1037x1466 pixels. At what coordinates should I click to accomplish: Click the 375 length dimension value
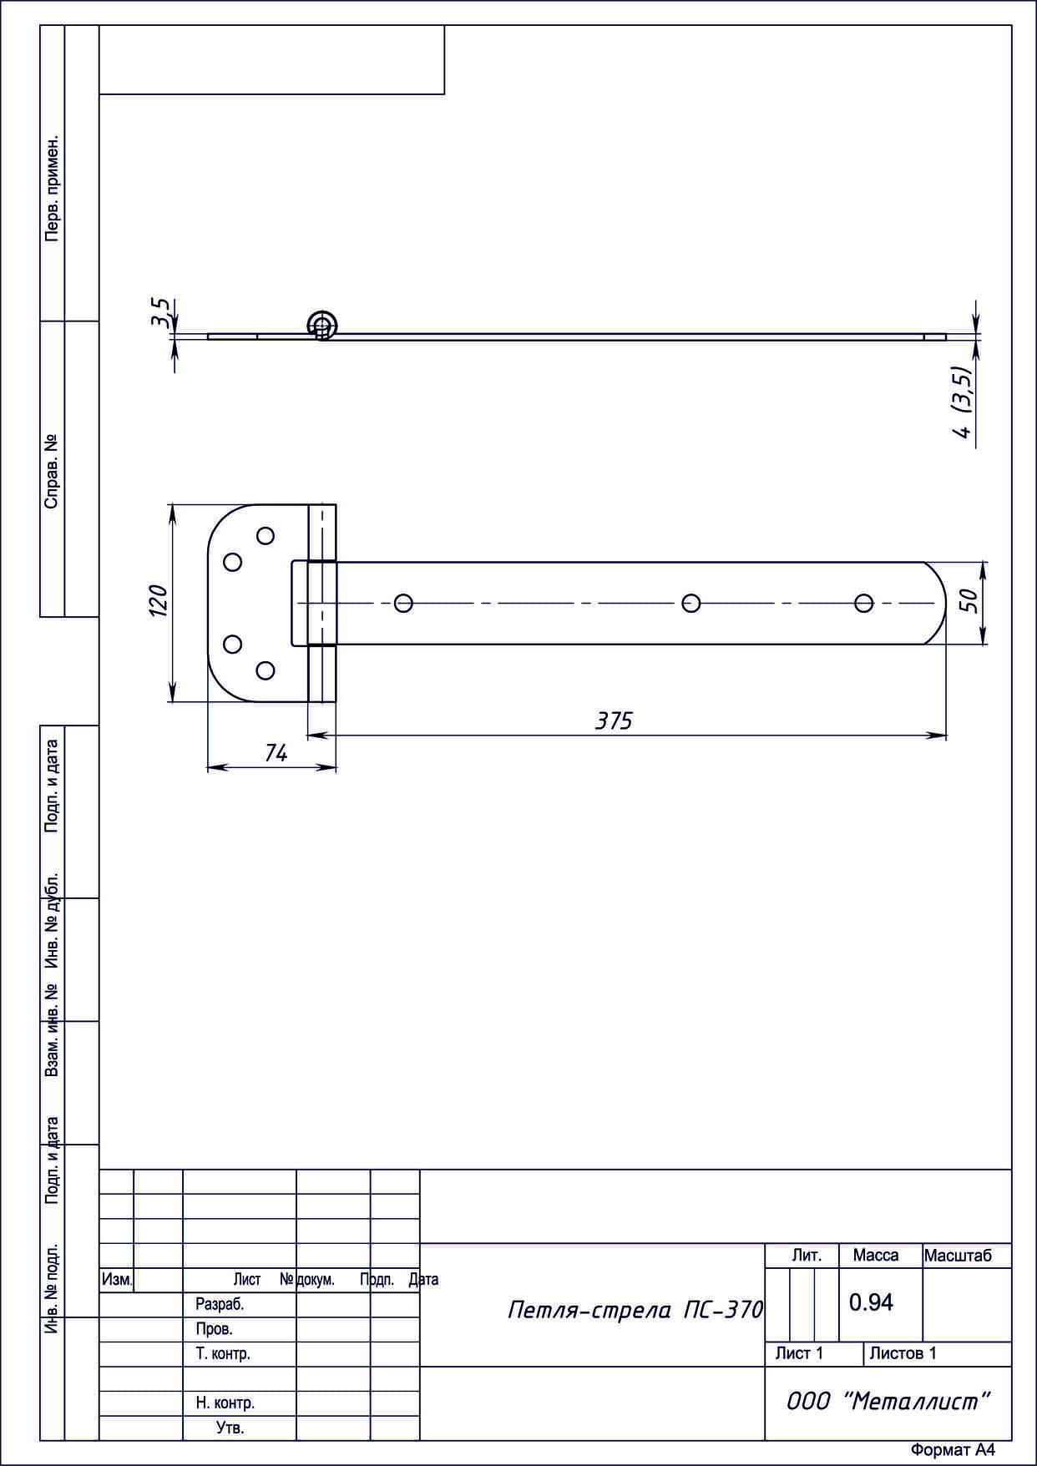[614, 720]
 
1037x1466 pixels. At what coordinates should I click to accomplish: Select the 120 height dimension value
[158, 601]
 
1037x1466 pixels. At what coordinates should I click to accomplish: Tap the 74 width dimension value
[276, 753]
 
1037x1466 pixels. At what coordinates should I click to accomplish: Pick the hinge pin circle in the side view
[322, 325]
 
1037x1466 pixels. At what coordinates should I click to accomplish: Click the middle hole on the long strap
[691, 603]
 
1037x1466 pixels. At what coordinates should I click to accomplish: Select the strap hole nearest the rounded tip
[864, 603]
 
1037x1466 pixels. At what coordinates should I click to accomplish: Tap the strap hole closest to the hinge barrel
[403, 603]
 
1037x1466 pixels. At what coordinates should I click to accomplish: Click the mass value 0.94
[871, 1302]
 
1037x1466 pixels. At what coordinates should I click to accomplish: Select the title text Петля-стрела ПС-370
[635, 1310]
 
